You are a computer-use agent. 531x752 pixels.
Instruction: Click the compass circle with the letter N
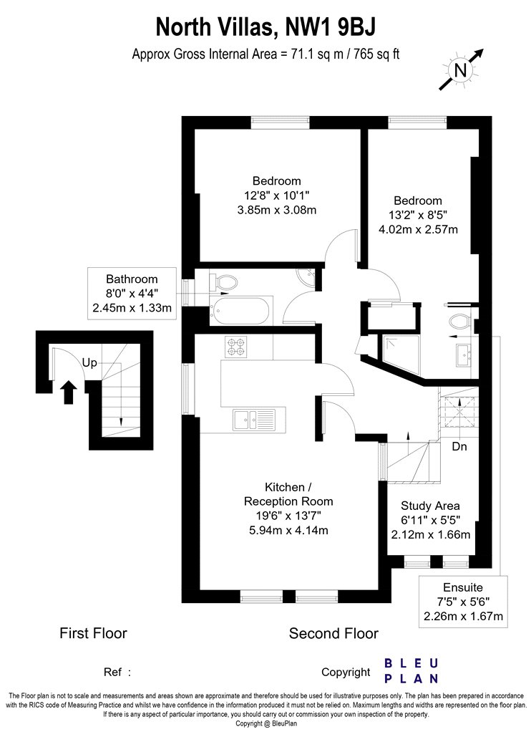click(x=460, y=70)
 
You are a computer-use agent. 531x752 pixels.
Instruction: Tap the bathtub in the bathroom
click(x=241, y=310)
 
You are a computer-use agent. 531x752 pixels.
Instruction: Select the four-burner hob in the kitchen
click(x=235, y=347)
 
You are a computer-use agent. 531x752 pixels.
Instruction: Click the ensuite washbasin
click(x=464, y=355)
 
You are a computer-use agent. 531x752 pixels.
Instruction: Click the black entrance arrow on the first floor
click(x=69, y=392)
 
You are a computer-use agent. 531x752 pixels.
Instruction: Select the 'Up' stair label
click(x=89, y=362)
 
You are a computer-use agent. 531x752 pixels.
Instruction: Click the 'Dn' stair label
click(x=459, y=446)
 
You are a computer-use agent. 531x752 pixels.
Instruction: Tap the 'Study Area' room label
click(x=430, y=506)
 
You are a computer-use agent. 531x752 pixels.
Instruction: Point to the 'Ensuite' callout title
click(x=462, y=587)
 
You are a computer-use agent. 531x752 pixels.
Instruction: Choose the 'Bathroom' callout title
click(x=132, y=279)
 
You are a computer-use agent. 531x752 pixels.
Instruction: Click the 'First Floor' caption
click(x=93, y=633)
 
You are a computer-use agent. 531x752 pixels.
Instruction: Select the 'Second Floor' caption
click(x=333, y=634)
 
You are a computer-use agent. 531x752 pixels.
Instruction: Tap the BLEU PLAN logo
click(x=411, y=671)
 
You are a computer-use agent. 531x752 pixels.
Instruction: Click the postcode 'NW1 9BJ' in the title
click(x=330, y=27)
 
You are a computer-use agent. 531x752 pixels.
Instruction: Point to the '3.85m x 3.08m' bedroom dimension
click(x=276, y=210)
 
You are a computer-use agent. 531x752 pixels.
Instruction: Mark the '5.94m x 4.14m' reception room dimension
click(x=288, y=531)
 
